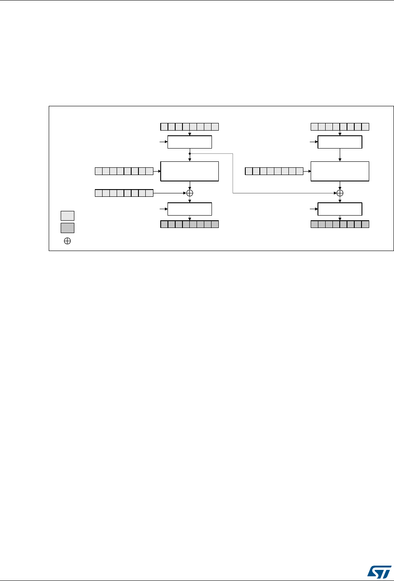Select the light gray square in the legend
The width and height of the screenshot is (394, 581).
pyautogui.click(x=67, y=215)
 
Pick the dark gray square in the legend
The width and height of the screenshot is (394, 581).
pyautogui.click(x=67, y=228)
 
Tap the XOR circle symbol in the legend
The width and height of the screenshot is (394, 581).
pyautogui.click(x=67, y=241)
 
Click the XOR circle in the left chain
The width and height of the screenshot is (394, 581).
pyautogui.click(x=190, y=193)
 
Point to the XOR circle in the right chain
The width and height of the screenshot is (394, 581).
pyautogui.click(x=340, y=193)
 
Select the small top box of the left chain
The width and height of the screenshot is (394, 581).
pyautogui.click(x=190, y=142)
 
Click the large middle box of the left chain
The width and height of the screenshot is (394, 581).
pyautogui.click(x=190, y=172)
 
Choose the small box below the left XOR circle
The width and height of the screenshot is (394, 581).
pyautogui.click(x=190, y=209)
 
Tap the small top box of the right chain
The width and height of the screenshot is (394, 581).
pyautogui.click(x=340, y=142)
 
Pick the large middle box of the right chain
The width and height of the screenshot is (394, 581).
pyautogui.click(x=340, y=172)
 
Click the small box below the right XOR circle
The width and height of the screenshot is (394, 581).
pyautogui.click(x=340, y=209)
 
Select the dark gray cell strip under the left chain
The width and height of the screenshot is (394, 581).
pyautogui.click(x=190, y=224)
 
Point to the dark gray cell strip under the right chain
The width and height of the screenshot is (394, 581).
pyautogui.click(x=340, y=224)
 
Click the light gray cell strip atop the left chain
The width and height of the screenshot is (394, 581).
pyautogui.click(x=190, y=126)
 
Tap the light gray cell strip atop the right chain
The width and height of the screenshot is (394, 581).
pyautogui.click(x=340, y=126)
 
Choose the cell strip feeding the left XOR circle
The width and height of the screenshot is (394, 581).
pyautogui.click(x=123, y=193)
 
